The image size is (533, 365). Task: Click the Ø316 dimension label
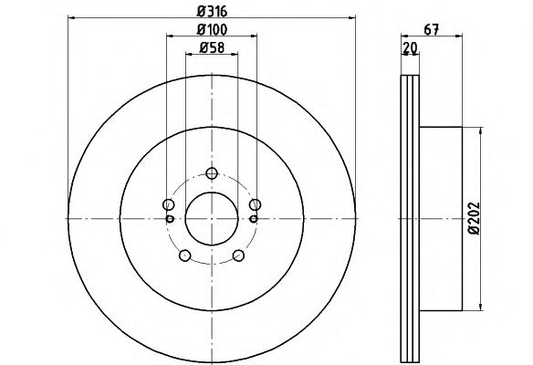pyautogui.click(x=212, y=12)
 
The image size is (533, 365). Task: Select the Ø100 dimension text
pyautogui.click(x=212, y=29)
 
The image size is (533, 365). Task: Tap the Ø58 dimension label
pyautogui.click(x=212, y=47)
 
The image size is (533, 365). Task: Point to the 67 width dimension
pyautogui.click(x=432, y=29)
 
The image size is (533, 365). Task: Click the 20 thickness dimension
pyautogui.click(x=410, y=47)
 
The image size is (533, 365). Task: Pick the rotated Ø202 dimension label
pyautogui.click(x=474, y=218)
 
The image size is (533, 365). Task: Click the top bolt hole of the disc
pyautogui.click(x=212, y=173)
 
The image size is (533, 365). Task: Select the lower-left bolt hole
pyautogui.click(x=184, y=255)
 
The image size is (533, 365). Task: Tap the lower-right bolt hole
pyautogui.click(x=238, y=255)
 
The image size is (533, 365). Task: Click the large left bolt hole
pyautogui.click(x=169, y=204)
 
